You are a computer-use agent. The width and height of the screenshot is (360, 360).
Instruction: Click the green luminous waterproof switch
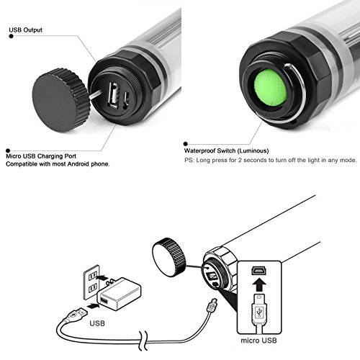coord(271,88)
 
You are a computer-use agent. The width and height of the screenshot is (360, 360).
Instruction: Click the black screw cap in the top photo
coord(61,100)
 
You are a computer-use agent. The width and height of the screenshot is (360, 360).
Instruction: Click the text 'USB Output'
coord(25,30)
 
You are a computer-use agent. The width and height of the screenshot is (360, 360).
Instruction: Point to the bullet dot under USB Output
coord(11,36)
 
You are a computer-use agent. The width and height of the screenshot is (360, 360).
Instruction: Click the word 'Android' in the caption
coord(78,164)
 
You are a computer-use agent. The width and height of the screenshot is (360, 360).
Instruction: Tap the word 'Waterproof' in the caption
coord(199,151)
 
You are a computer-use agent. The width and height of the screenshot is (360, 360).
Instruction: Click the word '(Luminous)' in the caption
coord(253,151)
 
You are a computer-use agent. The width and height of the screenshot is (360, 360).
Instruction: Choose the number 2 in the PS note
coord(240,160)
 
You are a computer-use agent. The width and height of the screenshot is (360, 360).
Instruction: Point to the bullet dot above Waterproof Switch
coord(185,144)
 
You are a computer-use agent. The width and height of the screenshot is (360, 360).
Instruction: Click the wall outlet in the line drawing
coord(91,282)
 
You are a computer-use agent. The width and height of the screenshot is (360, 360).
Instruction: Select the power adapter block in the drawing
coord(119,294)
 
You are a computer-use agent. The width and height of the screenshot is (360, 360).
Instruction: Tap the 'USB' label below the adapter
coord(97,323)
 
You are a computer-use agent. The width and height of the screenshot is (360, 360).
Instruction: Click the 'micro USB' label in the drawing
coord(258,341)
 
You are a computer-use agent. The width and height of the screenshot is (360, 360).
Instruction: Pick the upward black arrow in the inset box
coord(259,284)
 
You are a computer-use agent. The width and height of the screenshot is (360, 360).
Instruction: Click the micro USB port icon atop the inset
coord(259,271)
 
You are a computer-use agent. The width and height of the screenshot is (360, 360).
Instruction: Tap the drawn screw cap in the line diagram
coord(169,257)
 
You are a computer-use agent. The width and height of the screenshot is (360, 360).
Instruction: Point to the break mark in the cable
coord(143,341)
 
